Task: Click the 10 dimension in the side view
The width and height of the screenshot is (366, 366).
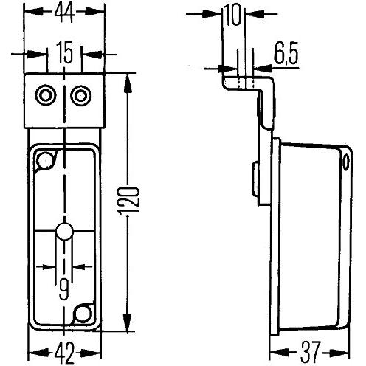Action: tap(234, 13)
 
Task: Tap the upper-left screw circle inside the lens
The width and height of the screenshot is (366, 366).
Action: tap(47, 160)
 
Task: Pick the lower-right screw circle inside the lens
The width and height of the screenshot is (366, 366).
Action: tap(82, 315)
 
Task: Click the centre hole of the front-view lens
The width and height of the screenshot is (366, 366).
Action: tap(64, 232)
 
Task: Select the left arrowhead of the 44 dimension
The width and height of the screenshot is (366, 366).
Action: tap(30, 13)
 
